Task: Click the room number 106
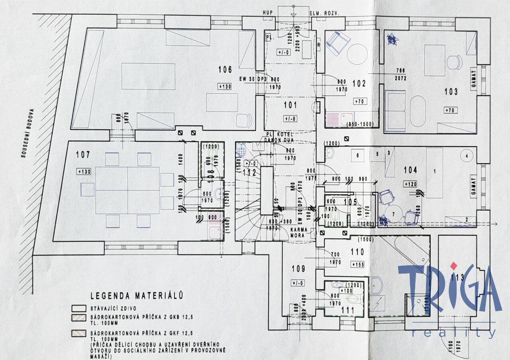225,70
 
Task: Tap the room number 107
83,155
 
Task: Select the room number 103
451,92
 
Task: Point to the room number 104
410,170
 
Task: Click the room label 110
357,252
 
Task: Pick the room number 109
298,269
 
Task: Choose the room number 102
359,84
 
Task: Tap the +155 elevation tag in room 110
358,264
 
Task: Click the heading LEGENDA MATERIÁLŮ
137,295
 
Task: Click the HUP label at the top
268,13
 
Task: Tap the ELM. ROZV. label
324,13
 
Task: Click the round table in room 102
357,54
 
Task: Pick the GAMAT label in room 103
473,79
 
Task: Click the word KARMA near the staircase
298,230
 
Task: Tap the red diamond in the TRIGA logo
453,265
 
